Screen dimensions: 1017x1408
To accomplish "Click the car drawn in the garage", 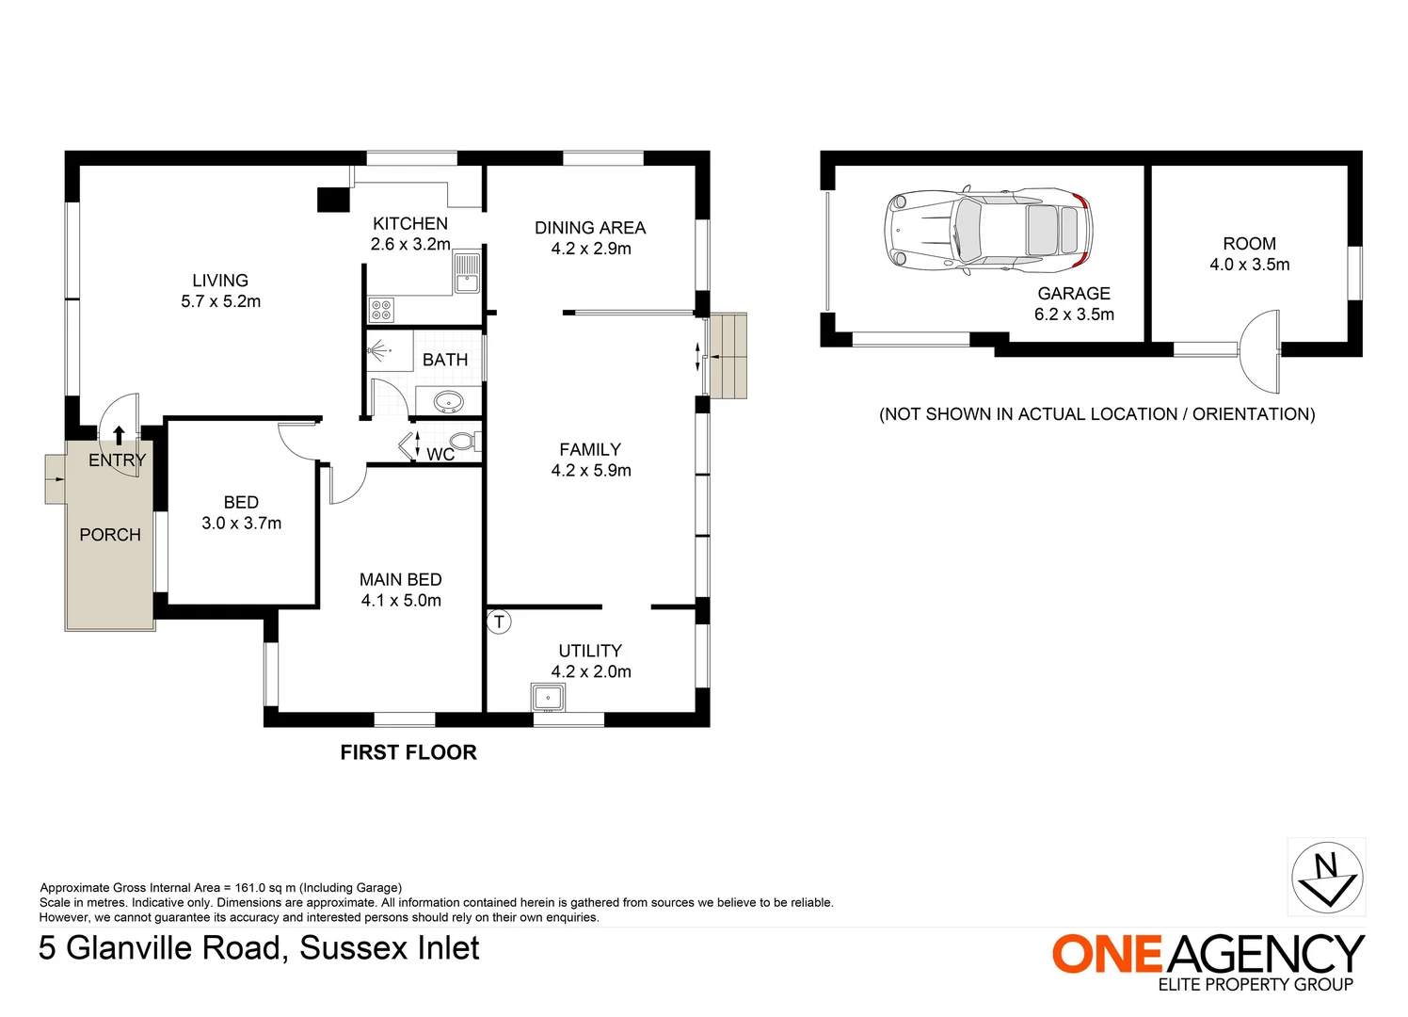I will coord(988,230).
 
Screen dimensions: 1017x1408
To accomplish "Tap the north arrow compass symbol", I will coord(1327,877).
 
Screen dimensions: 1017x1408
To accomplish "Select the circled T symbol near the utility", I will coord(499,621).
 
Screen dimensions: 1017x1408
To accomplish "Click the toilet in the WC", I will coord(463,442).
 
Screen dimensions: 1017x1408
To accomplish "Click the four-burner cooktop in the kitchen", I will coord(381,310).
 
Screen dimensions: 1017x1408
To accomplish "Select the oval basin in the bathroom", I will coord(449,402).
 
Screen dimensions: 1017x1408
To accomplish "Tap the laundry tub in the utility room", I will coord(548,698).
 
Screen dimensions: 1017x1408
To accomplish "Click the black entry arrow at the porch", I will coord(119,434).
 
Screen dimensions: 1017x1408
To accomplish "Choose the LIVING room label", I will coord(220,281).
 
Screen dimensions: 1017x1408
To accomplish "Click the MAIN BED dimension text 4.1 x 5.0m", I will coord(401,601).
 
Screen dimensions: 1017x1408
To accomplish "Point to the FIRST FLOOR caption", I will coord(408,752).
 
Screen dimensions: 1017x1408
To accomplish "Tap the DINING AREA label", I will coord(590,228).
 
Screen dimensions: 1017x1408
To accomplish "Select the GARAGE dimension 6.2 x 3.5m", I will coord(1074,315).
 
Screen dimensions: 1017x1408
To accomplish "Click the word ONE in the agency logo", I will coord(1107,954).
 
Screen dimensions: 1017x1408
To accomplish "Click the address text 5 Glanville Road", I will coord(160,947).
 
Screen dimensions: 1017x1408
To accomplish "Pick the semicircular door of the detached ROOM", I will coord(1261,351).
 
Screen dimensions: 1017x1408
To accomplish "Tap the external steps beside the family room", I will coord(728,356).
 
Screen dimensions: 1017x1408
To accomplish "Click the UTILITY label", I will coord(590,651).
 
